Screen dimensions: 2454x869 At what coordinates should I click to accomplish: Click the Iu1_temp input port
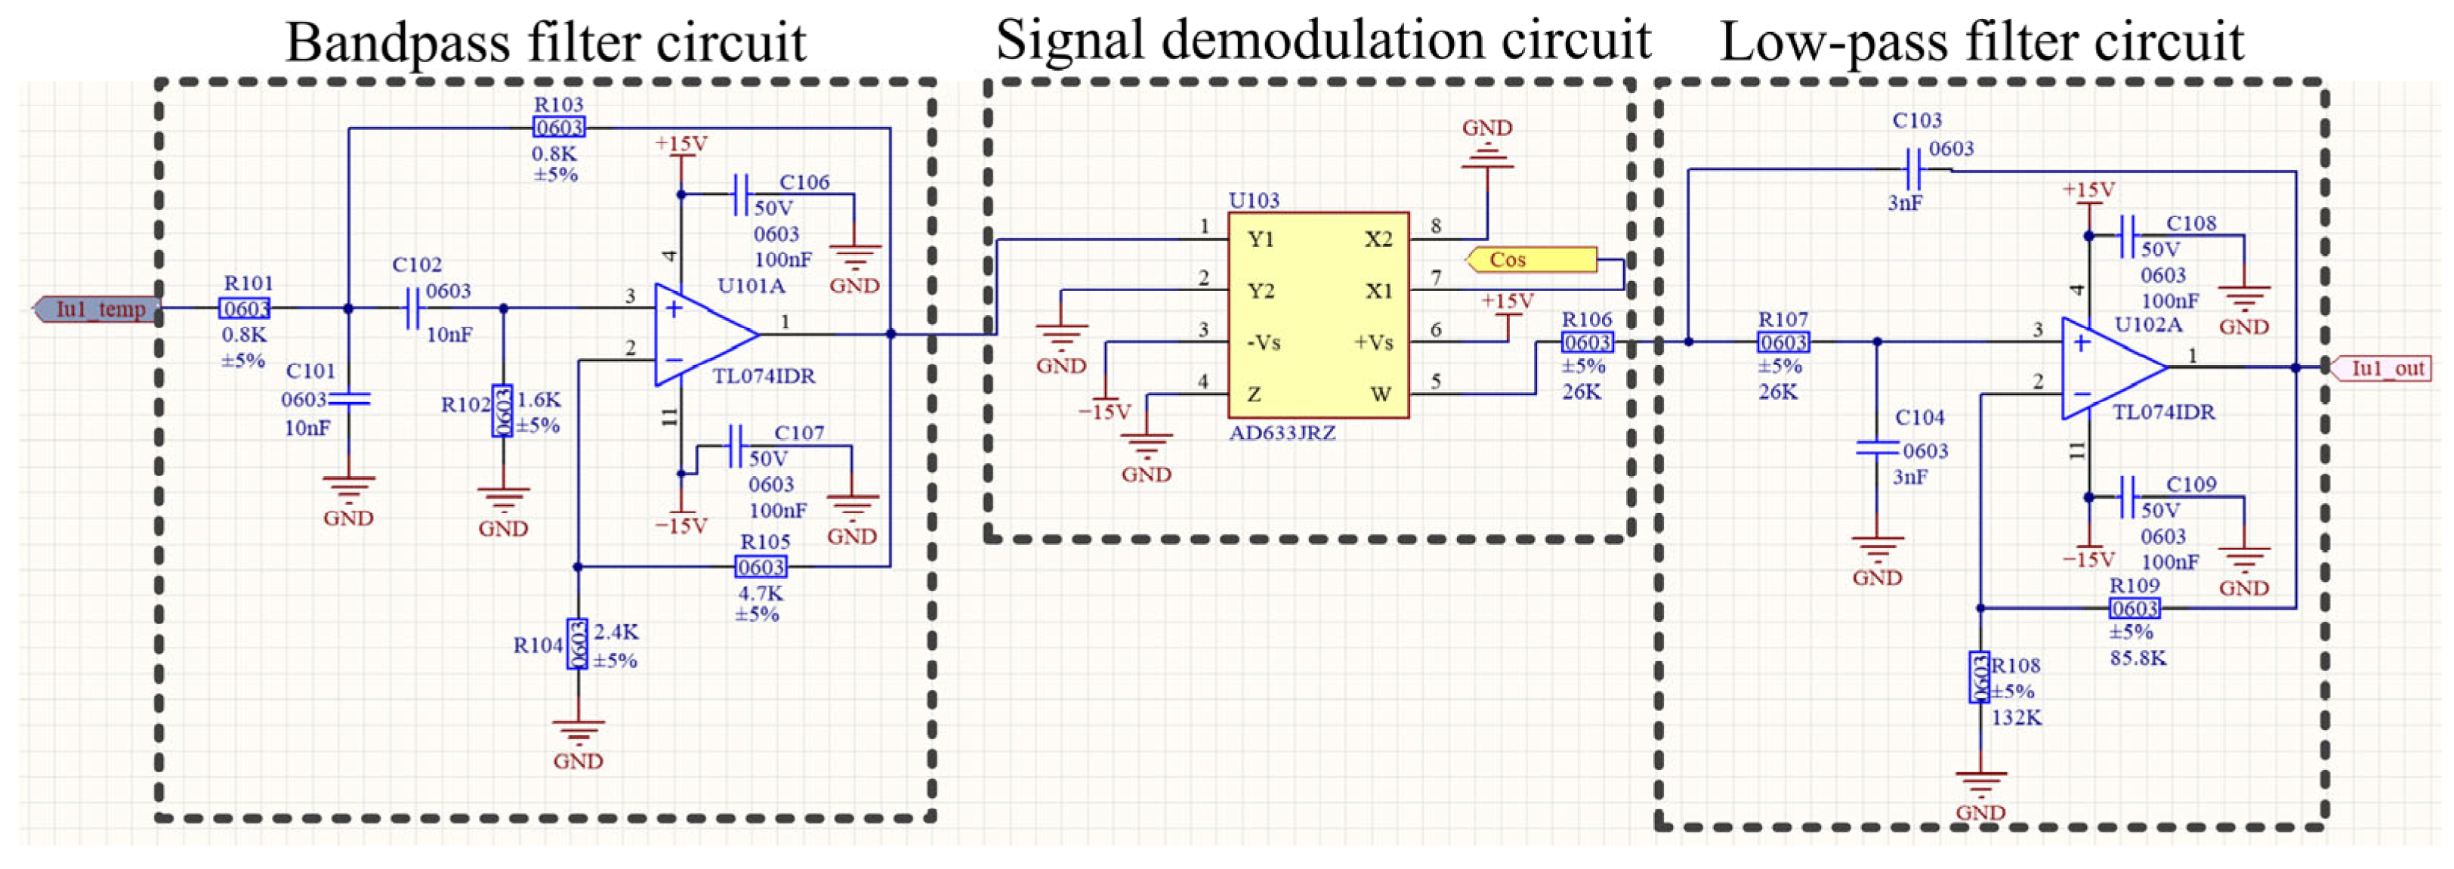point(95,309)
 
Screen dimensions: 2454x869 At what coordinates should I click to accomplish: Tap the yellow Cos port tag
point(1531,259)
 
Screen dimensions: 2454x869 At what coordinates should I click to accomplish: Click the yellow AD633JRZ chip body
point(1319,315)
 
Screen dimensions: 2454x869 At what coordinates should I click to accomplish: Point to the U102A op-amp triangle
point(2112,368)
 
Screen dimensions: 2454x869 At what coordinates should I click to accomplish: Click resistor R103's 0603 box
point(559,128)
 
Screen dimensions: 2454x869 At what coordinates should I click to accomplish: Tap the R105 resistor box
point(761,567)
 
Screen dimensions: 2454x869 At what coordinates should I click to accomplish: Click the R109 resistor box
point(2134,608)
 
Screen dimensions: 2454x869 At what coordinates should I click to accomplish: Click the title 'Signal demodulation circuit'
point(1323,40)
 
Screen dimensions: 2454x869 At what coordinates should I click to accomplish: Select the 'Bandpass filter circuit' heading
point(546,43)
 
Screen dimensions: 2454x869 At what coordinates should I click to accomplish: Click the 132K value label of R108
point(2017,718)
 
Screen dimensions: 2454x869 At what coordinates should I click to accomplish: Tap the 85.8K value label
point(2138,657)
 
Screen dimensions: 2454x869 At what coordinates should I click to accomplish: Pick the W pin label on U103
point(1381,394)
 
